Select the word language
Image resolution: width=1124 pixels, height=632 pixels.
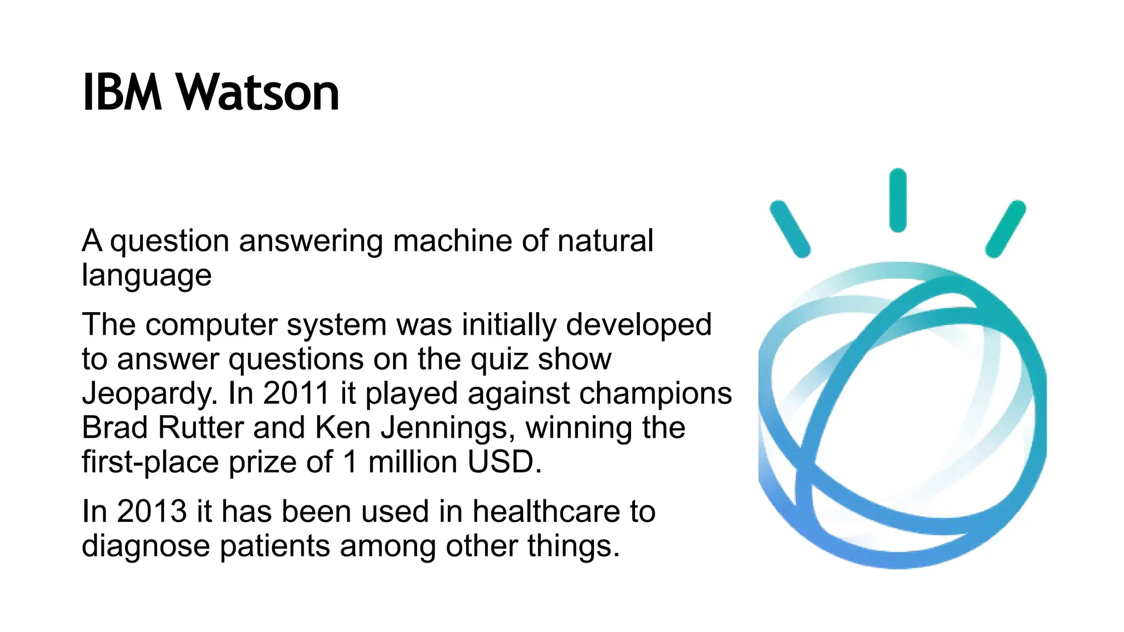147,276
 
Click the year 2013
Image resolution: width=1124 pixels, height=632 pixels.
151,511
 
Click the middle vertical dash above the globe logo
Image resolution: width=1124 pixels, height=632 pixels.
898,200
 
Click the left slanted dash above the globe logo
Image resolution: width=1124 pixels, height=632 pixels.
790,229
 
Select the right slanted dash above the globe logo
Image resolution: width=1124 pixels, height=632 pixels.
1005,229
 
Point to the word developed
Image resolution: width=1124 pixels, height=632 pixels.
639,325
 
